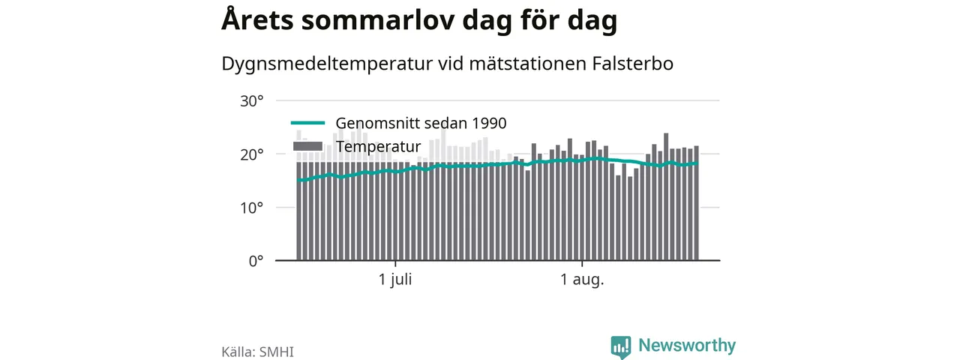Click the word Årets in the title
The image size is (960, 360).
coord(257,19)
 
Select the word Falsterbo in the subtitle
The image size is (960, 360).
coord(632,64)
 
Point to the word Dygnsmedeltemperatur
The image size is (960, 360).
coord(327,64)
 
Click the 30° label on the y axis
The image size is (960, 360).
coord(251,101)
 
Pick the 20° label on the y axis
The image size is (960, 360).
coord(251,154)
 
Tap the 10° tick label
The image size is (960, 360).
coord(251,208)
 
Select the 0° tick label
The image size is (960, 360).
coord(256,261)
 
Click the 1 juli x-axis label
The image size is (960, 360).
coord(395,280)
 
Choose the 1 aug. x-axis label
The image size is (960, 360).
coord(582,280)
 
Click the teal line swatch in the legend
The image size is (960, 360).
coord(307,123)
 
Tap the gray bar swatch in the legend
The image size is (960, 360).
coord(307,146)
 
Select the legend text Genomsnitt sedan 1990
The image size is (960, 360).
coord(421,123)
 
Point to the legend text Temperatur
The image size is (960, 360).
coord(378,146)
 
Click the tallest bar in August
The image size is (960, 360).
coord(666,196)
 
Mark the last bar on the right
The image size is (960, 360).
coord(697,203)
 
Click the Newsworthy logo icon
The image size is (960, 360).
coord(621,346)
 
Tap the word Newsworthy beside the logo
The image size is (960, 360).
coord(687,345)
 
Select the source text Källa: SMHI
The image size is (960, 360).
coord(257,352)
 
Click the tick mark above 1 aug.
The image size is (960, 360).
coord(582,263)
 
